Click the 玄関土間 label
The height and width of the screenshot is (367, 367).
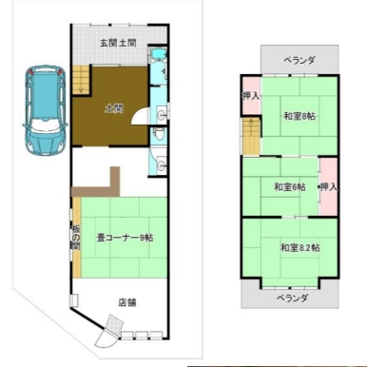[118, 43]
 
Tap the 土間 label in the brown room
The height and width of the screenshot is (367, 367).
[114, 108]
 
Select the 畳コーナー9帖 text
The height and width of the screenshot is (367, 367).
[125, 238]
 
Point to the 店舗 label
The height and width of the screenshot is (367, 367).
[127, 302]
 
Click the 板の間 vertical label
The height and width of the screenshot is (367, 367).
[75, 237]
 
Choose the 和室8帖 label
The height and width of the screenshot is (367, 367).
[299, 116]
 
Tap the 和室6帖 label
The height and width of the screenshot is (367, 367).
[290, 187]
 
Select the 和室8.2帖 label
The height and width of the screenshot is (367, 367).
[299, 247]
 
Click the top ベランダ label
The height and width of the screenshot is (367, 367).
[299, 60]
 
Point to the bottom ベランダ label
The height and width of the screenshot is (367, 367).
[292, 298]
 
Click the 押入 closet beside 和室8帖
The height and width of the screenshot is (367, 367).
[251, 96]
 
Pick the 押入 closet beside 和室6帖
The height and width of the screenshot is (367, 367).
[328, 187]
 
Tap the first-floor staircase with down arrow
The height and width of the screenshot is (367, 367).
[81, 80]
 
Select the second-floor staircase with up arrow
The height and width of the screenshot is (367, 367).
[251, 136]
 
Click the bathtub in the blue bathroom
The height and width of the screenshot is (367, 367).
[159, 54]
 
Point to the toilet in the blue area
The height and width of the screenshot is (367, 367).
[159, 135]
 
